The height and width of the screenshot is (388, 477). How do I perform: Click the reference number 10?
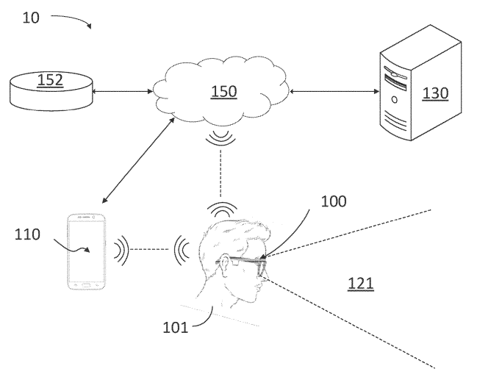pyautogui.click(x=31, y=18)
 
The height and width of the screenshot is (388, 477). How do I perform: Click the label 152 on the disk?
pyautogui.click(x=50, y=80)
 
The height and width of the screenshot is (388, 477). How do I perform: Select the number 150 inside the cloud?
pyautogui.click(x=223, y=91)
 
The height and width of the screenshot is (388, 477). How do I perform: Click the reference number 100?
pyautogui.click(x=334, y=201)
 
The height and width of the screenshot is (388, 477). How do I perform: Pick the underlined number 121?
pyautogui.click(x=361, y=282)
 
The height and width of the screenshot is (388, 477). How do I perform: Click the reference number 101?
pyautogui.click(x=175, y=328)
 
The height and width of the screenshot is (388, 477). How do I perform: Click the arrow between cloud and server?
pyautogui.click(x=334, y=92)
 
